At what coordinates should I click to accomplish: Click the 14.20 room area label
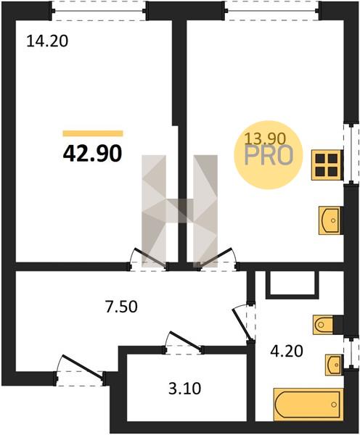click(x=47, y=42)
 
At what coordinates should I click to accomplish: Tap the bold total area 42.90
click(x=92, y=154)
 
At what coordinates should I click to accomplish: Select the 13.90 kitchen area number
click(x=265, y=138)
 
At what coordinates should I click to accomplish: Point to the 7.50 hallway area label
click(x=121, y=307)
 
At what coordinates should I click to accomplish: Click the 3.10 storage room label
click(x=184, y=389)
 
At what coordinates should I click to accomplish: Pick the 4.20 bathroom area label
click(x=287, y=352)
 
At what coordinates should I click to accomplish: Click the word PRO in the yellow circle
click(x=269, y=155)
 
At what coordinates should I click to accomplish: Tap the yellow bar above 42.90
click(x=93, y=133)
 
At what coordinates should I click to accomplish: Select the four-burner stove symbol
click(x=327, y=165)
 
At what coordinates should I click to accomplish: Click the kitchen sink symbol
click(x=330, y=220)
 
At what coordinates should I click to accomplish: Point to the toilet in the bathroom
click(x=323, y=324)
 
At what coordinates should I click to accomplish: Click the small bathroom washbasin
click(x=334, y=365)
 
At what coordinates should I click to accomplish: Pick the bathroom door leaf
click(x=242, y=324)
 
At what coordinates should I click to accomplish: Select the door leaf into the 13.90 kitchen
click(x=216, y=257)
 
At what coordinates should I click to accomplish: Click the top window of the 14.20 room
click(x=99, y=11)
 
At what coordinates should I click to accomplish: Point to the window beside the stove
click(x=351, y=154)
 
